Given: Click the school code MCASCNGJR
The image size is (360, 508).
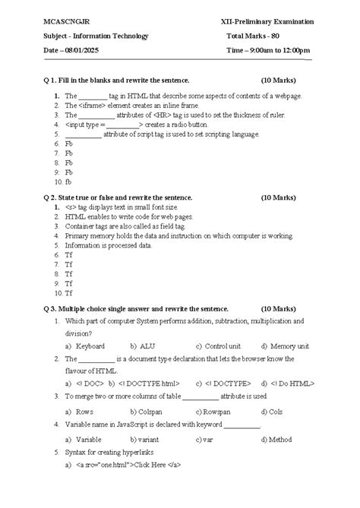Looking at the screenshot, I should (x=66, y=21).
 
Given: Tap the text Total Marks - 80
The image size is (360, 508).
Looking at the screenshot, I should (x=258, y=36).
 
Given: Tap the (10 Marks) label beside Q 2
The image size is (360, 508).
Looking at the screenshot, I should (x=278, y=197).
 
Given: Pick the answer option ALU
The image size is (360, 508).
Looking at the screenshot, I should (x=147, y=346).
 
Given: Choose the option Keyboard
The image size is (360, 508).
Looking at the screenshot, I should (x=90, y=346).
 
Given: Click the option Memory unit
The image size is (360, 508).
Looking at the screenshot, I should (x=292, y=346).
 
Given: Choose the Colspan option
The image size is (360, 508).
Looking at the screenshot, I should (x=151, y=411).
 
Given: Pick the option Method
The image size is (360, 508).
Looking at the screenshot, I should (x=279, y=439).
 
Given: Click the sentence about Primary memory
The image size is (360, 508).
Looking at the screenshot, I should (x=178, y=236).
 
